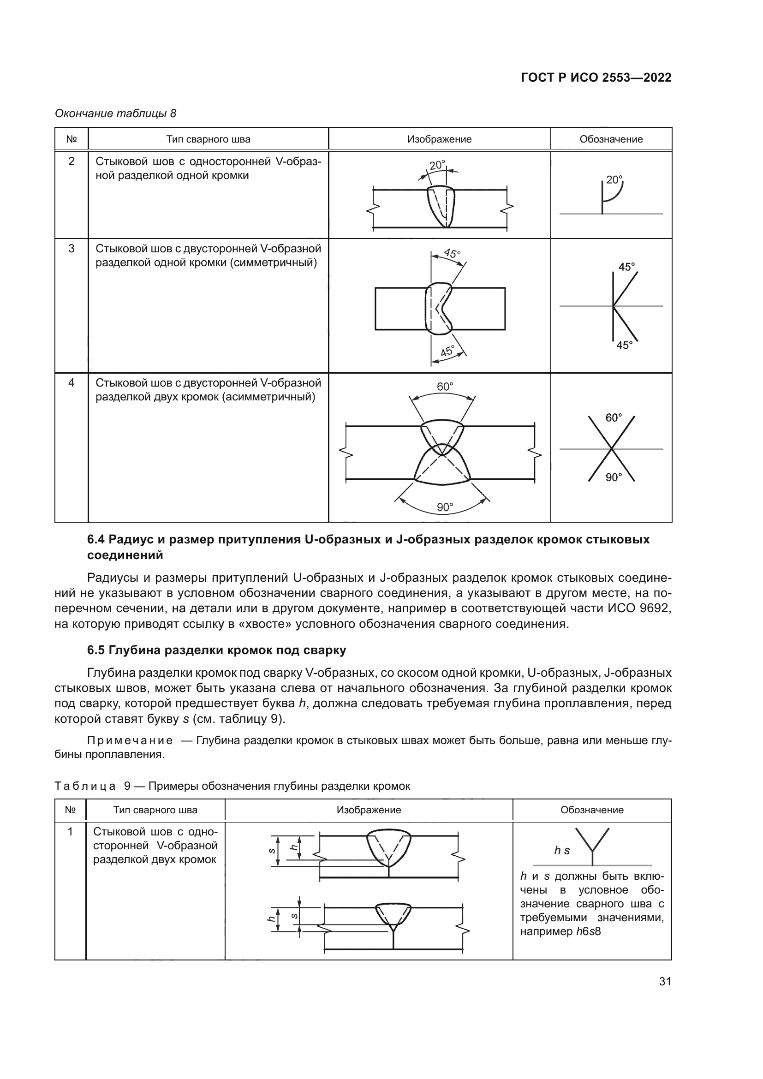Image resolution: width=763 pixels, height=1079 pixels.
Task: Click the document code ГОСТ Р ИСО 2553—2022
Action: coord(596,78)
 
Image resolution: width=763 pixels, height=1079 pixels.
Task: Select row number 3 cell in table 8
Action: coord(72,249)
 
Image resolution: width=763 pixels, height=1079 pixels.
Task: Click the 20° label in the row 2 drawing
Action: coord(437,166)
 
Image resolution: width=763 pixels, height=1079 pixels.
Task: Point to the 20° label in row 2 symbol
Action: coord(614,179)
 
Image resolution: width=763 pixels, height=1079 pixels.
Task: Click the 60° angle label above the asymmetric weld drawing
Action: coord(444,386)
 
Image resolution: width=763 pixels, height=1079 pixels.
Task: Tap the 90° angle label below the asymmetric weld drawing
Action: coord(444,507)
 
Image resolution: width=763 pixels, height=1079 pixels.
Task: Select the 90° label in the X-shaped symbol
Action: coord(613,477)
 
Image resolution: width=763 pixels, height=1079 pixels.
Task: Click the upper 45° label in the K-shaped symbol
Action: coord(626,267)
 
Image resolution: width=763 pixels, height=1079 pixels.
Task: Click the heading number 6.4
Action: coord(97,540)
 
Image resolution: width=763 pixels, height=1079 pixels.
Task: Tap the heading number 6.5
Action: coord(97,650)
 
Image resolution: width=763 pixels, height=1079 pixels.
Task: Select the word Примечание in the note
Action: coord(130,741)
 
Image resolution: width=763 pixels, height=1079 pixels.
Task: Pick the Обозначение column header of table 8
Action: coord(611,139)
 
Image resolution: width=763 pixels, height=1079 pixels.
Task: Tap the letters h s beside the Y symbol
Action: coord(562,851)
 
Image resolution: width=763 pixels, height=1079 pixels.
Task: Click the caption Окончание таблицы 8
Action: coord(116,113)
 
